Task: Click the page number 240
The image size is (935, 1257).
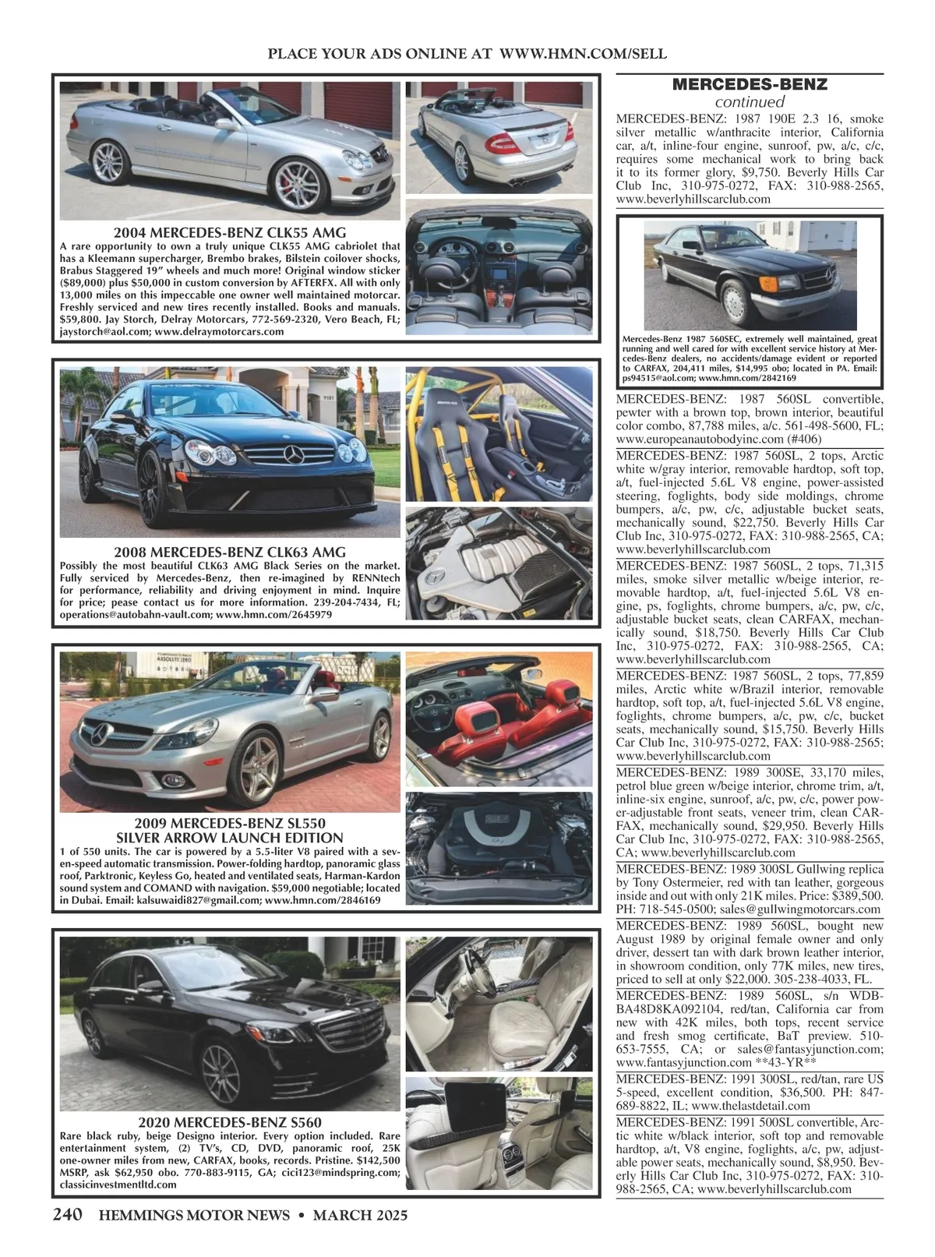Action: tap(69, 1215)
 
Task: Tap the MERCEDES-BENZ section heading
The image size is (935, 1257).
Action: tap(750, 84)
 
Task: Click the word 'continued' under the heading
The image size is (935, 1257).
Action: tap(750, 102)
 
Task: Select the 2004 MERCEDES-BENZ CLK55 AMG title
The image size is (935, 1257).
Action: tap(230, 232)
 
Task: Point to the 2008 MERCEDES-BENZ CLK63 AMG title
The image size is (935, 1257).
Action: tap(230, 552)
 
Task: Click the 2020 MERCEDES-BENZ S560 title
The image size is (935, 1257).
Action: tap(230, 1122)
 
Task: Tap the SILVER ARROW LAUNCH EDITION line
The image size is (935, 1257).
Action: tap(230, 838)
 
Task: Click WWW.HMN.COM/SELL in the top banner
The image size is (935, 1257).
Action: tap(582, 54)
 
